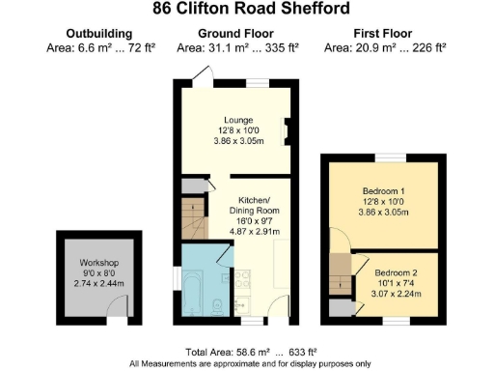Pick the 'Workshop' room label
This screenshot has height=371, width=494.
click(98, 264)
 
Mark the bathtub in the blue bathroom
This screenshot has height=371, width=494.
click(192, 285)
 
